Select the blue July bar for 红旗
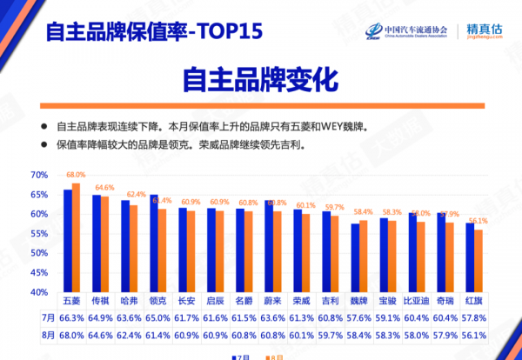point(470,258)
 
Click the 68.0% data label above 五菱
point(76,175)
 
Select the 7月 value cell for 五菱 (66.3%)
point(72,318)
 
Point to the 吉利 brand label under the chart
point(331,300)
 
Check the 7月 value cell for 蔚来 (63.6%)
point(273,318)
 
